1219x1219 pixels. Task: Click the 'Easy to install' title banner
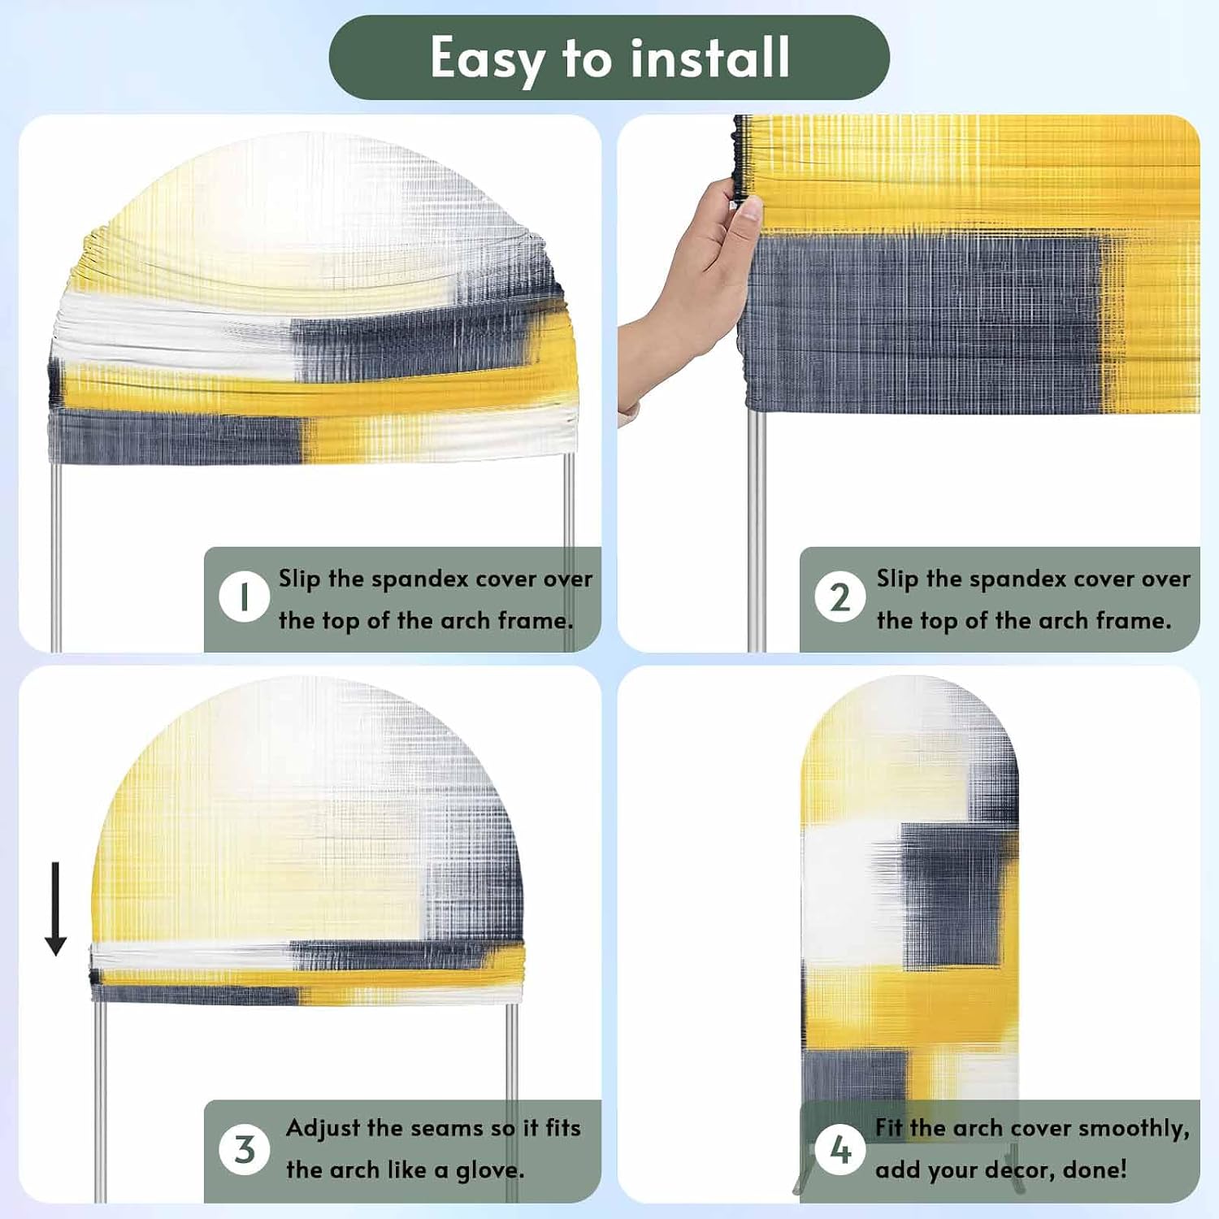coord(609,58)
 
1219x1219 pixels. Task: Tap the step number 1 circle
coord(244,597)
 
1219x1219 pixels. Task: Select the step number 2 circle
coord(840,597)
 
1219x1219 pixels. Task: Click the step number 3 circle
coord(244,1150)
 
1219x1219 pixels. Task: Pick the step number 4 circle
coord(840,1150)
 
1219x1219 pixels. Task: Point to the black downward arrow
coord(55,909)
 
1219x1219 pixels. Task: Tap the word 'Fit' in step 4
coord(889,1127)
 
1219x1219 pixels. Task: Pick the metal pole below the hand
coord(756,528)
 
